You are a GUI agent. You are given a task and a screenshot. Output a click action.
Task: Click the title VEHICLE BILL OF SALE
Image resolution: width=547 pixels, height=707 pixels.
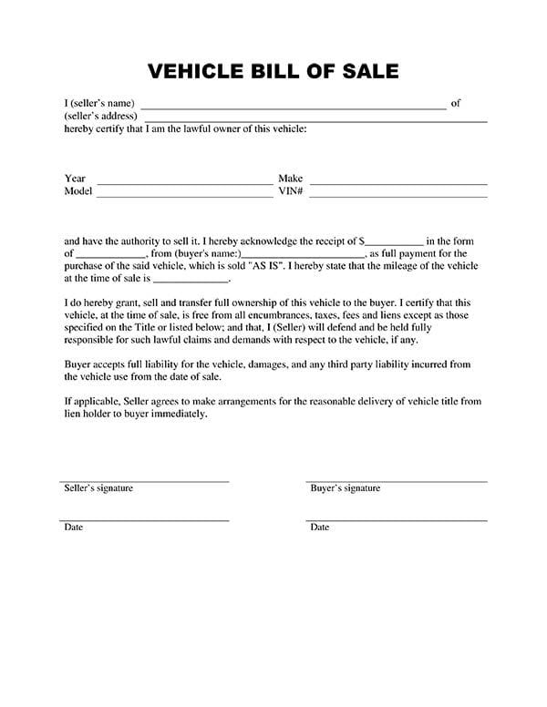272,71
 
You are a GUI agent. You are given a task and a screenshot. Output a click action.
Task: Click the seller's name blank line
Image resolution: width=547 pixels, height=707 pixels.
293,108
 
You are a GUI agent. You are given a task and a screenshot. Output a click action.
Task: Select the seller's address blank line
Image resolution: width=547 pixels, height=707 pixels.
315,120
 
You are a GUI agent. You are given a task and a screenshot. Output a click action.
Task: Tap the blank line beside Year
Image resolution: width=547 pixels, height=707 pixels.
185,183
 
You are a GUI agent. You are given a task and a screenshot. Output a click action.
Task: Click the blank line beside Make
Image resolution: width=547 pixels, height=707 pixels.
398,183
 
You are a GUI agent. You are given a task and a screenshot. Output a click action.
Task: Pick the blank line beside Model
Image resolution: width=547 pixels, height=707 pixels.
185,196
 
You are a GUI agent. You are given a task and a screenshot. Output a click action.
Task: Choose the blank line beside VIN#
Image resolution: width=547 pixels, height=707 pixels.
398,196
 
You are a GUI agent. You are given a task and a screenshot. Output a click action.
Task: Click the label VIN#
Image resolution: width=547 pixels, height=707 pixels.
290,192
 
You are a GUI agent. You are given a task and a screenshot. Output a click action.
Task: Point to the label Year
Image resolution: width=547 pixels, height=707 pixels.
75,179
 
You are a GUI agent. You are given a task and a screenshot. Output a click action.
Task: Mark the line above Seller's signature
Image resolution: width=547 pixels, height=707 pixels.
144,481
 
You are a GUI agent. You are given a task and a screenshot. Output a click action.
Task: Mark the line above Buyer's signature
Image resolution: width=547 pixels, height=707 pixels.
397,481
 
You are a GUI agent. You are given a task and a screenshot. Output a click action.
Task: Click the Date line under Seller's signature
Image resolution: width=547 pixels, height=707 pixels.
144,520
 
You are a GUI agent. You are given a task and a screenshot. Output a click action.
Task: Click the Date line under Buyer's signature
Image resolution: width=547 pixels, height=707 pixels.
397,520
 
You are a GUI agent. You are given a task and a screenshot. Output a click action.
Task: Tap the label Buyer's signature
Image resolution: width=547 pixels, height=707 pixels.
346,488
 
